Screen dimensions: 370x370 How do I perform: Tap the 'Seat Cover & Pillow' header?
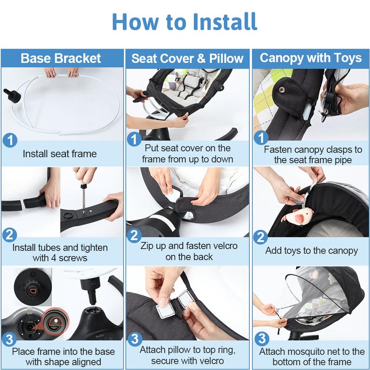(x=187, y=58)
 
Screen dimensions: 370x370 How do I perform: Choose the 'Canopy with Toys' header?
(x=310, y=58)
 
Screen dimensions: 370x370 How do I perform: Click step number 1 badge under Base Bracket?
(x=10, y=140)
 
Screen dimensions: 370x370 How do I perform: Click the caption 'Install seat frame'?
(x=61, y=153)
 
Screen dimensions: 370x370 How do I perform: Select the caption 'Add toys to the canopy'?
(x=311, y=251)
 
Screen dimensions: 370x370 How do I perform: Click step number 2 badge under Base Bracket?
(x=10, y=235)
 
